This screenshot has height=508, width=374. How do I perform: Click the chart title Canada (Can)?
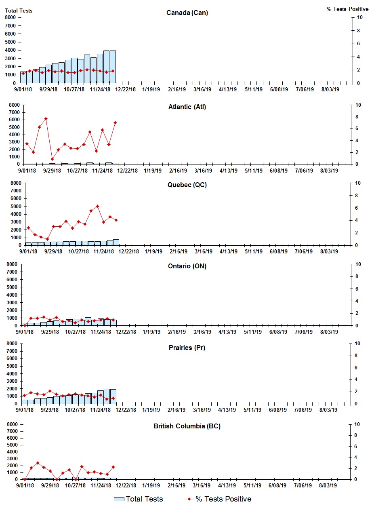[187, 13]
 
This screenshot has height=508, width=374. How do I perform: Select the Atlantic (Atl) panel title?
[187, 107]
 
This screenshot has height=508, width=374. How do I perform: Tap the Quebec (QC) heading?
[187, 185]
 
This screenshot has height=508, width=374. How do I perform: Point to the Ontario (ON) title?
[187, 266]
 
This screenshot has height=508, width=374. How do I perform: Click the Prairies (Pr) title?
[187, 348]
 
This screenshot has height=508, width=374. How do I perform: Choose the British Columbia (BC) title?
[187, 426]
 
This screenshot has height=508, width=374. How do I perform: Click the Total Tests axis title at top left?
[19, 11]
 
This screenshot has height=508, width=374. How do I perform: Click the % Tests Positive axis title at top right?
[347, 9]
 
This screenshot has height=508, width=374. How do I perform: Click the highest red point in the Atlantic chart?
[46, 118]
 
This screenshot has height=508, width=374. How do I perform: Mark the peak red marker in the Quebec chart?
[97, 206]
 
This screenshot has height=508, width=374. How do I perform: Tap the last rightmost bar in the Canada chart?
[113, 67]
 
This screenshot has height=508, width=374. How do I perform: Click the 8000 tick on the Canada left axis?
[11, 17]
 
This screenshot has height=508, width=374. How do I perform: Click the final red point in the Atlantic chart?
[115, 122]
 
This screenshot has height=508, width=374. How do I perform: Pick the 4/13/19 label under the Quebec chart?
[229, 251]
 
